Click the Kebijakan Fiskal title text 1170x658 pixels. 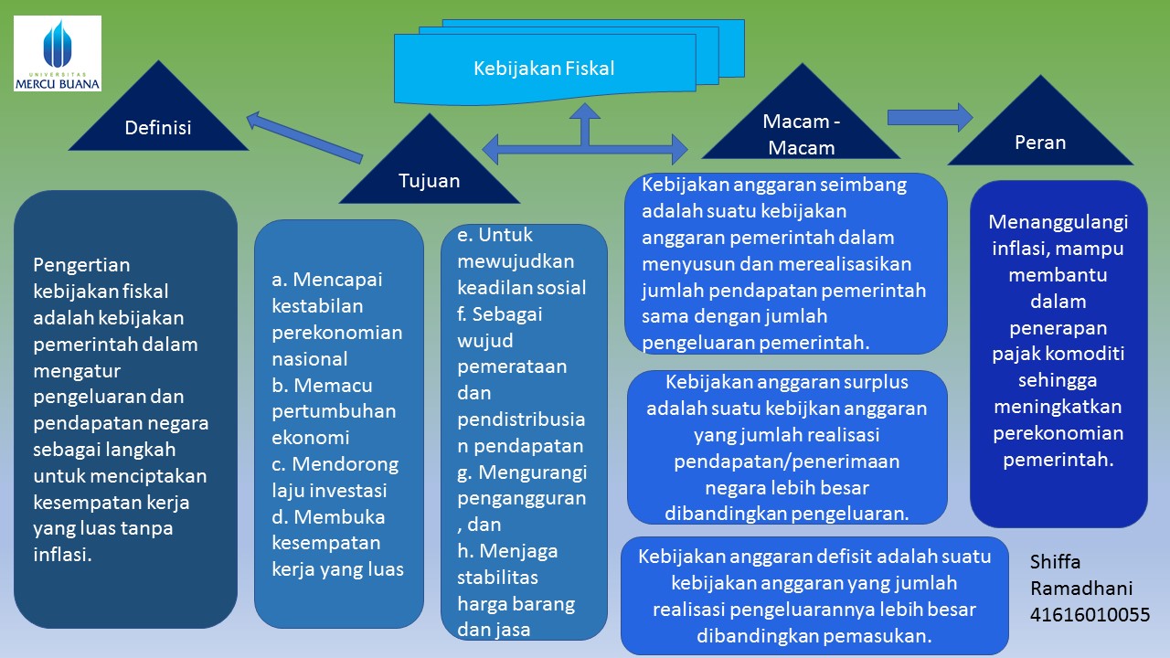pyautogui.click(x=544, y=69)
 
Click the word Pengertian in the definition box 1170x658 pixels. pyautogui.click(x=81, y=265)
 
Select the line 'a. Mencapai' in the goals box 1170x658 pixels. pyautogui.click(x=326, y=280)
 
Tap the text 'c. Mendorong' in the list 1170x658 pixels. pyautogui.click(x=335, y=464)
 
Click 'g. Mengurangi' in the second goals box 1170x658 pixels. pyautogui.click(x=522, y=472)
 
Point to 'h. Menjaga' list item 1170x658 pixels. pyautogui.click(x=506, y=551)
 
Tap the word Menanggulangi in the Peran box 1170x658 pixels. pyautogui.click(x=1058, y=222)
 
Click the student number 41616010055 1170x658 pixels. pyautogui.click(x=1090, y=615)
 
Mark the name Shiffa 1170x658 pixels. pyautogui.click(x=1055, y=561)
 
